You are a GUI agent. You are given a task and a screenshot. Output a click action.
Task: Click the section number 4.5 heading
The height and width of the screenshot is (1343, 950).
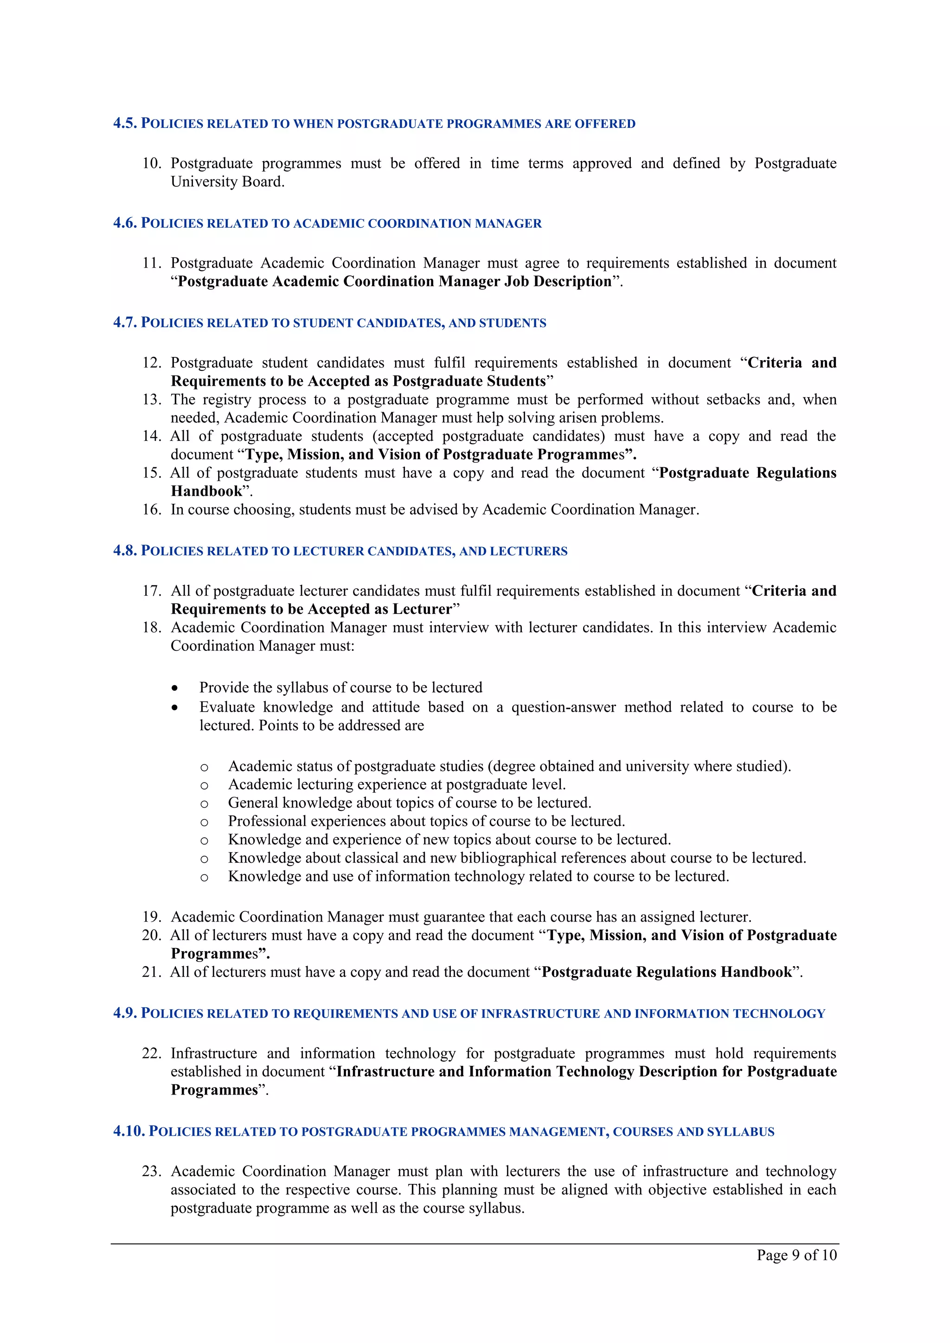(125, 123)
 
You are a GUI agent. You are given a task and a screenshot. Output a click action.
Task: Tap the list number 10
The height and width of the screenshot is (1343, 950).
(151, 163)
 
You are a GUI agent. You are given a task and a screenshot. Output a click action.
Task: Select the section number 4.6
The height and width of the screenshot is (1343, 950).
(125, 223)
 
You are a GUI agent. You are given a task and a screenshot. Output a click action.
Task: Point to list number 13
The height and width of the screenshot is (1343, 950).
(151, 400)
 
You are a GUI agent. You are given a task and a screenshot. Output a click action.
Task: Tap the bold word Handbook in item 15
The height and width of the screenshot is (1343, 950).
(206, 491)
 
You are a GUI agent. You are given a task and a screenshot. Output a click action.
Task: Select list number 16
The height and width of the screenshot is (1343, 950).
(151, 509)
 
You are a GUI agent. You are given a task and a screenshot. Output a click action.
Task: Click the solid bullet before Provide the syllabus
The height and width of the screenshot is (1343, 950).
(174, 688)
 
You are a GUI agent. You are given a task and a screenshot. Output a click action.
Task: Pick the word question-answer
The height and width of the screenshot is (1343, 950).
(563, 707)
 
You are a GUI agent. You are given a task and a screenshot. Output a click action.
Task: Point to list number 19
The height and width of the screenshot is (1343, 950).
(151, 917)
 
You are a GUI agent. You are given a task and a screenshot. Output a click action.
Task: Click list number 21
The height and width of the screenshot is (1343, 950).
(151, 972)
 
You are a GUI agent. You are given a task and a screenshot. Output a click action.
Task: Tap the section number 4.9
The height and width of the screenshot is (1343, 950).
(125, 1013)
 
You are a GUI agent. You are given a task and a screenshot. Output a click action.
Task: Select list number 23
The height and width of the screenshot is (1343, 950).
(151, 1171)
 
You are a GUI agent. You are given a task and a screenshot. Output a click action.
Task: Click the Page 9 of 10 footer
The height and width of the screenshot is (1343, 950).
(796, 1255)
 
